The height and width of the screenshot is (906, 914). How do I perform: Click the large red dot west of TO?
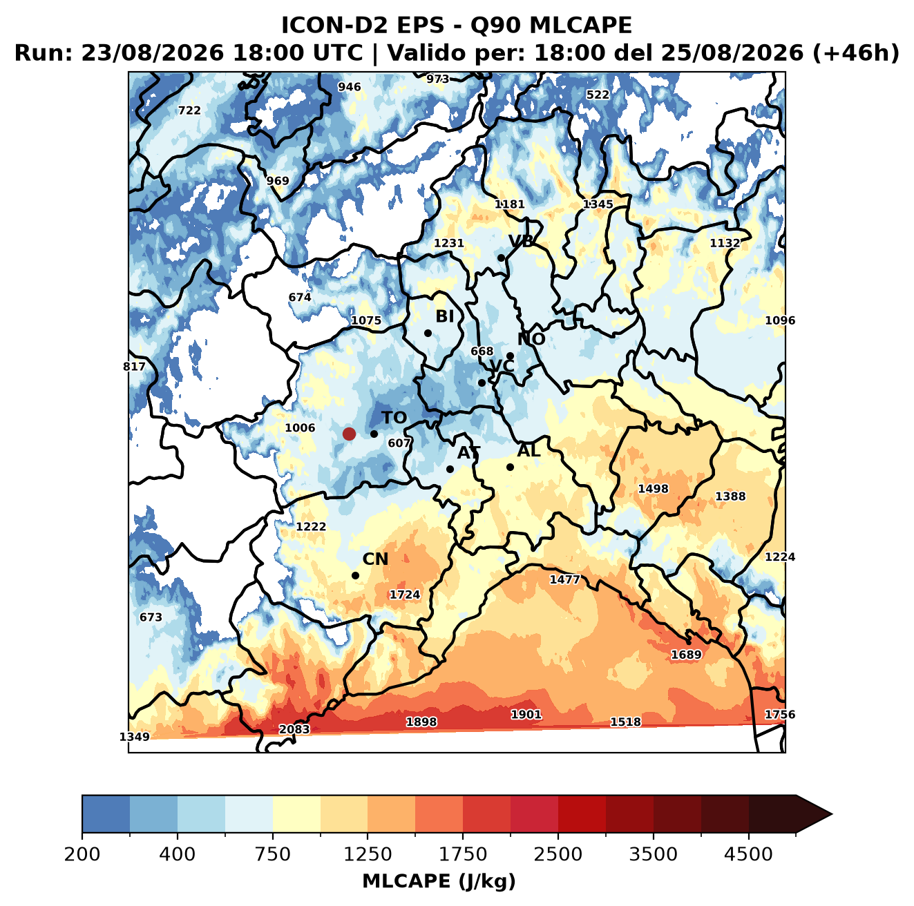click(x=349, y=434)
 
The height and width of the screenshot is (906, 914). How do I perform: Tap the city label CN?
click(x=375, y=559)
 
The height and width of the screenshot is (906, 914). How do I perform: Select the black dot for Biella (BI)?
click(x=428, y=334)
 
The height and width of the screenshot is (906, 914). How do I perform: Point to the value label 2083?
click(x=294, y=729)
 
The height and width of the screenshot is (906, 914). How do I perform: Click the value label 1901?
click(x=526, y=714)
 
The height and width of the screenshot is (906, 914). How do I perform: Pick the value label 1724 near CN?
click(x=405, y=595)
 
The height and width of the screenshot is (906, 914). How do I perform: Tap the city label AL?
click(x=529, y=450)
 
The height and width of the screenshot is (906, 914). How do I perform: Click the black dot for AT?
click(x=450, y=469)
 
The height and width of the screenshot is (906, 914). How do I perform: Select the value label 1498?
click(x=653, y=489)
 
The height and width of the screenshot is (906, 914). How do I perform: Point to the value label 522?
click(x=598, y=95)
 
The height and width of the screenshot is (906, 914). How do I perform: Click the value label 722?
click(x=189, y=110)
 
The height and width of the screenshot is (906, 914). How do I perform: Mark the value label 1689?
click(x=686, y=655)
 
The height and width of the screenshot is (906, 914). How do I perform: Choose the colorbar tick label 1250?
click(x=368, y=854)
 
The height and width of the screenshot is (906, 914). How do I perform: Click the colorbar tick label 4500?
click(x=748, y=854)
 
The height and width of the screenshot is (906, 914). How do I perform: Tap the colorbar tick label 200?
click(x=82, y=854)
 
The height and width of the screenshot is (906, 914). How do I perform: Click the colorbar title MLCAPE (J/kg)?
click(x=439, y=881)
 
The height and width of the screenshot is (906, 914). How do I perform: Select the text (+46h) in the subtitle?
click(x=856, y=53)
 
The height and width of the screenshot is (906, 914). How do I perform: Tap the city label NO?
click(x=531, y=339)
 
